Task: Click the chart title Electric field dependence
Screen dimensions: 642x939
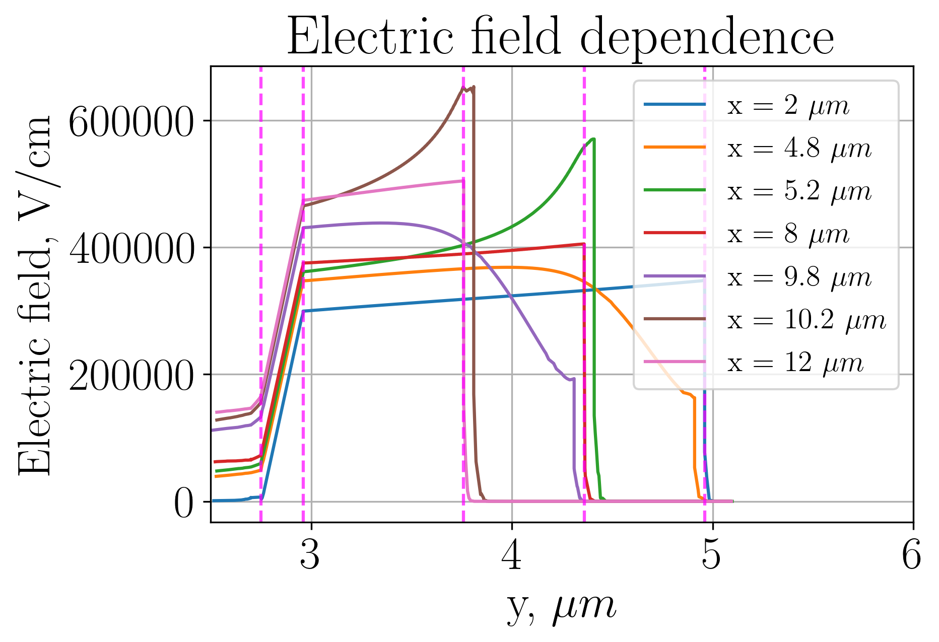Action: (560, 38)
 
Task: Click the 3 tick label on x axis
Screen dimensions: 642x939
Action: (310, 556)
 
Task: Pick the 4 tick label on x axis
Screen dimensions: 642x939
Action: (512, 556)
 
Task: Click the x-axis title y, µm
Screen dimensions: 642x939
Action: (560, 607)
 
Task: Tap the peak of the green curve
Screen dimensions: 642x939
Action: (594, 138)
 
